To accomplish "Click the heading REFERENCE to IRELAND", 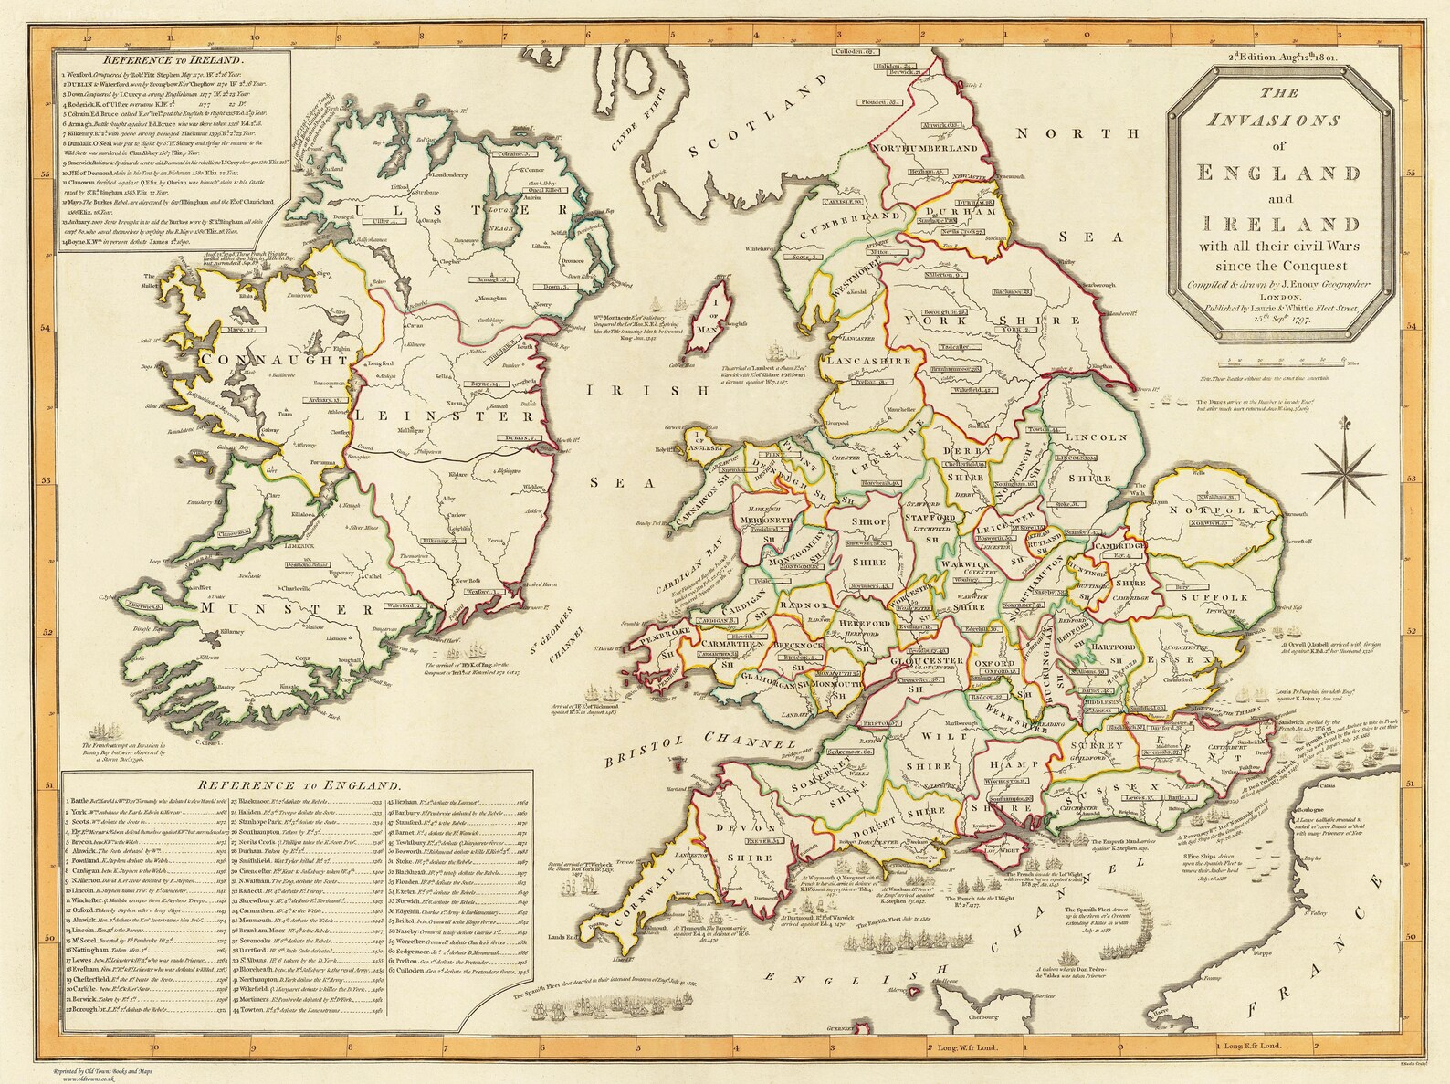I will [174, 61].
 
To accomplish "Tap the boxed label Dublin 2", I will [520, 439].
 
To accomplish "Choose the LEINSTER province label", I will [447, 416].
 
